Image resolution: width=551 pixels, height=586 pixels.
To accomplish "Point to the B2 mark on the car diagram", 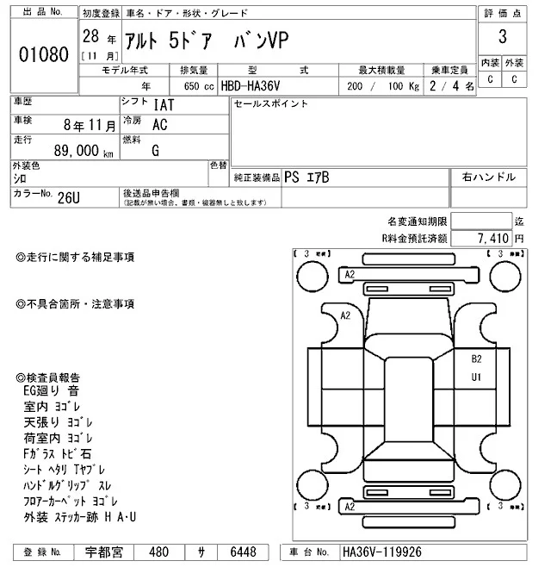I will point(475,358).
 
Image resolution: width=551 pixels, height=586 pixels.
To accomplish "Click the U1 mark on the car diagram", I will point(475,377).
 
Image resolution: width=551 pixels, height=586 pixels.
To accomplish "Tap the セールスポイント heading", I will point(270,104).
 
